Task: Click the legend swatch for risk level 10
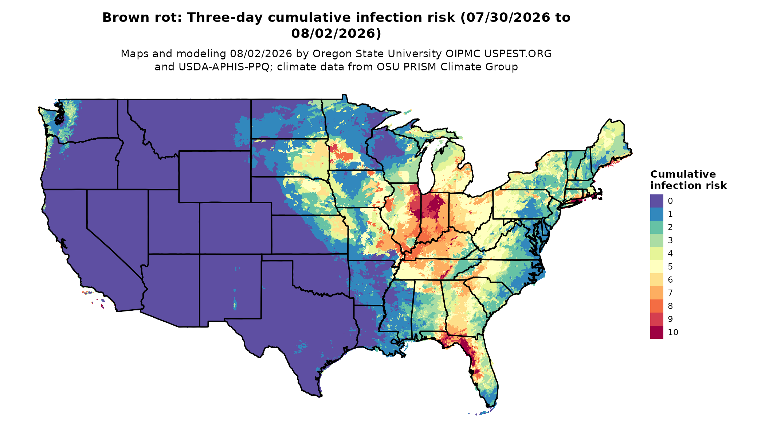656,332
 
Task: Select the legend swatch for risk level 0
656,201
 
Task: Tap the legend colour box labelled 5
656,267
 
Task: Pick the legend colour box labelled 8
656,306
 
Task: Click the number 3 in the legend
670,240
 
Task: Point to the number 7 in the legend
670,293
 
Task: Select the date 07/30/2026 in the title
507,18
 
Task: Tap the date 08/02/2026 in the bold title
333,34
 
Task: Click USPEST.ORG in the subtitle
518,54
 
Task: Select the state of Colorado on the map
235,228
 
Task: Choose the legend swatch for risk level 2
656,227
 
